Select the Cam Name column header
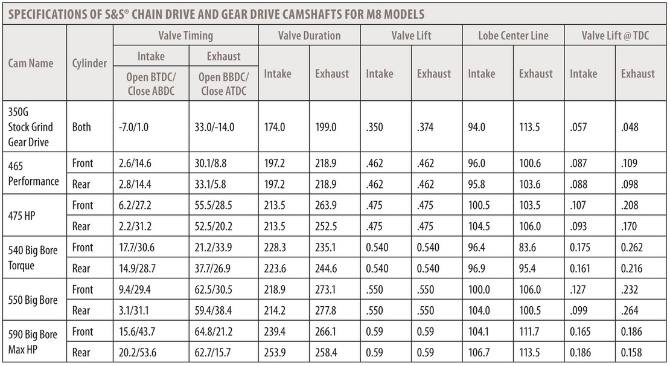coord(31,63)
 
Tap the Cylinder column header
coord(89,63)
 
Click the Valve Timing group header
coord(185,36)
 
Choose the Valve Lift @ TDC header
coord(615,36)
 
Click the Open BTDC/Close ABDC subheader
coord(150,85)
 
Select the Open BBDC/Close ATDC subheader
coord(223,85)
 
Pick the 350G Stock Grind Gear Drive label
coord(30,127)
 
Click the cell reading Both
coord(82,127)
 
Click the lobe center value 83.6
coord(529,247)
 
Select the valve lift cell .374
coord(426,127)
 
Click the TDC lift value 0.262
coord(634,247)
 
